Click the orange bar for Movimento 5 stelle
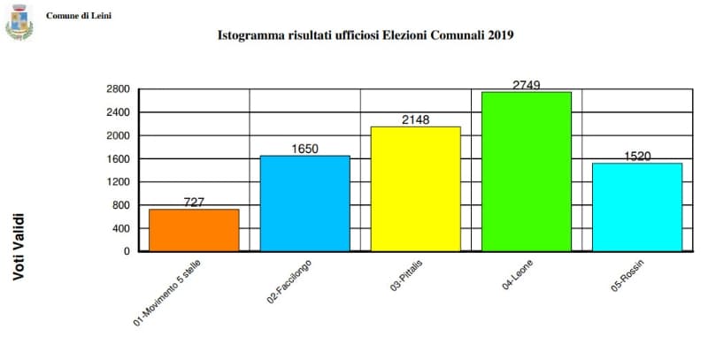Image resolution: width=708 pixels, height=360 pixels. (x=194, y=230)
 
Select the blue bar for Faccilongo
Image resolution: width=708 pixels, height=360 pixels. (x=304, y=203)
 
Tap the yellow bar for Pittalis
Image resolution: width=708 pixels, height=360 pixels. (x=416, y=188)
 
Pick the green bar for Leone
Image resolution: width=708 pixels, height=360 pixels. (x=527, y=171)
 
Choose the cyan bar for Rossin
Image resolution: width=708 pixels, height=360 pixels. (x=637, y=207)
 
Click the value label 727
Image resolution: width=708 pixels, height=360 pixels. (x=194, y=203)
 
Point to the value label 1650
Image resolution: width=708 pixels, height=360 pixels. (x=304, y=149)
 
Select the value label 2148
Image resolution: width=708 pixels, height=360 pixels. (x=415, y=119)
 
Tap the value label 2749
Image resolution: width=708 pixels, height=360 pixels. (x=527, y=85)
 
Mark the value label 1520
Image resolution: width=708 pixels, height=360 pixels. (x=637, y=157)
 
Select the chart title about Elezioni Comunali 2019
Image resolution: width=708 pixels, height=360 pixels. (x=366, y=36)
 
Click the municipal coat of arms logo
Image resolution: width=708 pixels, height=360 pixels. (x=19, y=24)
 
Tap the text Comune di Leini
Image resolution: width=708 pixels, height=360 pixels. (x=79, y=16)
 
